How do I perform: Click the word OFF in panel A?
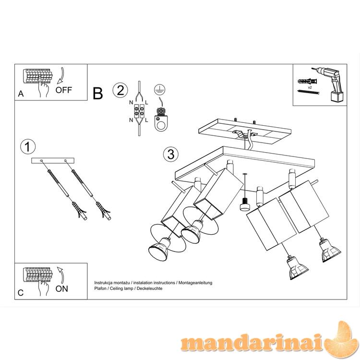pyautogui.click(x=63, y=90)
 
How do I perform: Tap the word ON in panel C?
pyautogui.click(x=61, y=288)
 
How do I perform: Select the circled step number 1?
pyautogui.click(x=28, y=147)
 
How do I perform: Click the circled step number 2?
pyautogui.click(x=120, y=90)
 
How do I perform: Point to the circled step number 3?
pyautogui.click(x=171, y=154)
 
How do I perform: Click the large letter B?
pyautogui.click(x=97, y=94)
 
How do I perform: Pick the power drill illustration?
pyautogui.click(x=329, y=84)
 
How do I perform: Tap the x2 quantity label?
pyautogui.click(x=310, y=87)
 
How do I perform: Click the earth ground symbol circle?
pyautogui.click(x=160, y=89)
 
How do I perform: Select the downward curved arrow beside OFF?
pyautogui.click(x=61, y=76)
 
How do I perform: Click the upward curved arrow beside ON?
pyautogui.click(x=61, y=275)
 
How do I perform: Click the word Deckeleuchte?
pyautogui.click(x=149, y=288)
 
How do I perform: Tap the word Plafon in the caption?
pyautogui.click(x=100, y=288)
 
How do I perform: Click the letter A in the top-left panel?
pyautogui.click(x=21, y=94)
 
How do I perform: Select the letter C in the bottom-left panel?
pyautogui.click(x=21, y=293)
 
